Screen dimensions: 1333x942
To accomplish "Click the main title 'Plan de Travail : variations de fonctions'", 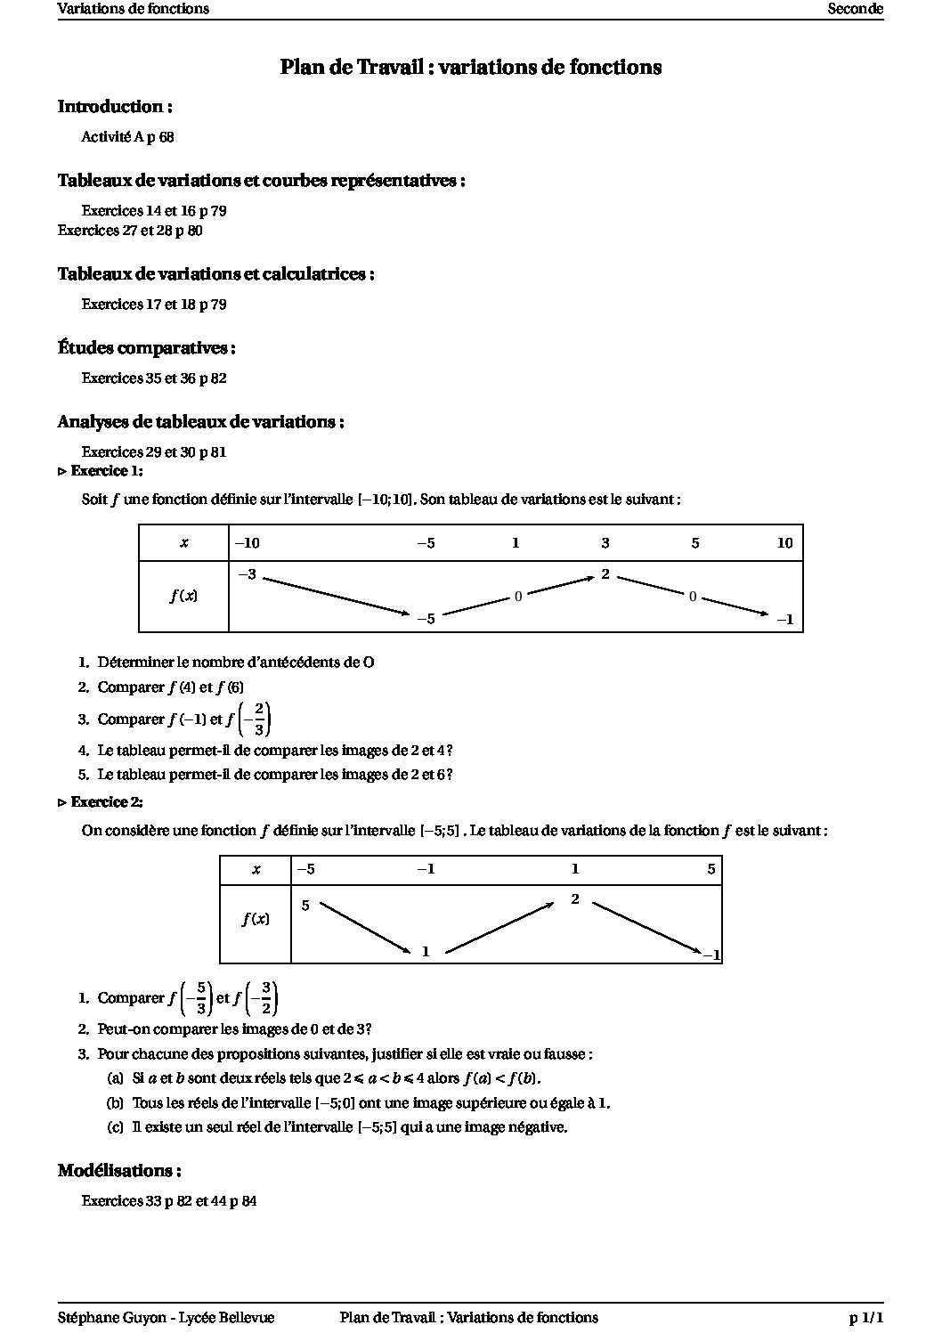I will coord(470,68).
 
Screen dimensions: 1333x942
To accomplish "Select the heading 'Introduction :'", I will coord(115,107).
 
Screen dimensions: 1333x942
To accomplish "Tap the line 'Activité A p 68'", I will coord(127,137).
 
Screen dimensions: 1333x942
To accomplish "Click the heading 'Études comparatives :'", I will coord(147,348).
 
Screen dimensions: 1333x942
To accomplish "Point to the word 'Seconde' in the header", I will coord(855,9).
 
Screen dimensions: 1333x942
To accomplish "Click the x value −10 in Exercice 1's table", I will coord(247,543).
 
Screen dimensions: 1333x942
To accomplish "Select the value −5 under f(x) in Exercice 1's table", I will coord(426,619).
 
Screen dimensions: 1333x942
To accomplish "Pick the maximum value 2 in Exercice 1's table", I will coord(605,574).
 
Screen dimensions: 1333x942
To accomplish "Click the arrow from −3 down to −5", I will coord(337,596).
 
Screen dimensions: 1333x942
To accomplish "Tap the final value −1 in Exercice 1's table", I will coord(784,620).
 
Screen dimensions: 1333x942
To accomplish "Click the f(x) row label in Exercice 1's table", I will coord(183,597).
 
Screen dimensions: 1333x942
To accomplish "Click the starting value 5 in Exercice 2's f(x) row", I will coord(305,906).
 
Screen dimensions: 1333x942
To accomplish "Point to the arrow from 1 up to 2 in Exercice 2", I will coord(500,929).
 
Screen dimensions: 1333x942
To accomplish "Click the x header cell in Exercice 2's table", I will coord(256,870).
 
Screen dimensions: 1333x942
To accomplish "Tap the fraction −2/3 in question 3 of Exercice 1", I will coord(259,719).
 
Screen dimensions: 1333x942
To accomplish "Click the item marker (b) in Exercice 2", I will coord(115,1103).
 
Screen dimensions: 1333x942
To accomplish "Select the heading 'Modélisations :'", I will coord(121,1171).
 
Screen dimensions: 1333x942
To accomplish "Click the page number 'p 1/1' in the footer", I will coord(865,1318).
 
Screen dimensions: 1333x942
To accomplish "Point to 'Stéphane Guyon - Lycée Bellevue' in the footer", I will coord(166,1318).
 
